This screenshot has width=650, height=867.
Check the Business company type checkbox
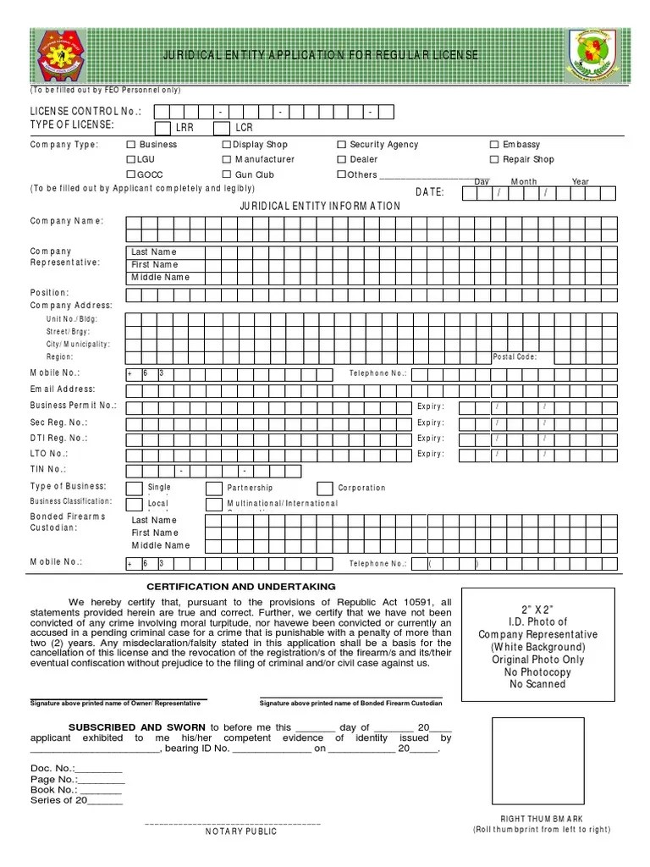coord(131,145)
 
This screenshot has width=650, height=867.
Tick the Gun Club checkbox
coord(227,175)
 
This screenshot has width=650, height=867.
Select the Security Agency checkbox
coord(342,145)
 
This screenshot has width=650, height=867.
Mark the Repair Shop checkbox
coord(495,159)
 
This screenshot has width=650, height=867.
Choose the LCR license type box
coord(221,128)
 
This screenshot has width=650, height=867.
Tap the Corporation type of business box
coord(324,489)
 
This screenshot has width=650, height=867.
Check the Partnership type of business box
coord(213,489)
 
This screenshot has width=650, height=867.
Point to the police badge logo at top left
coord(62,56)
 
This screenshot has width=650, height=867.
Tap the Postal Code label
coord(515,357)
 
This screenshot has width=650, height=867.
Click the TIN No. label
coord(48,469)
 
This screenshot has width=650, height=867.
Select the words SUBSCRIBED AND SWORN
coord(136,727)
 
